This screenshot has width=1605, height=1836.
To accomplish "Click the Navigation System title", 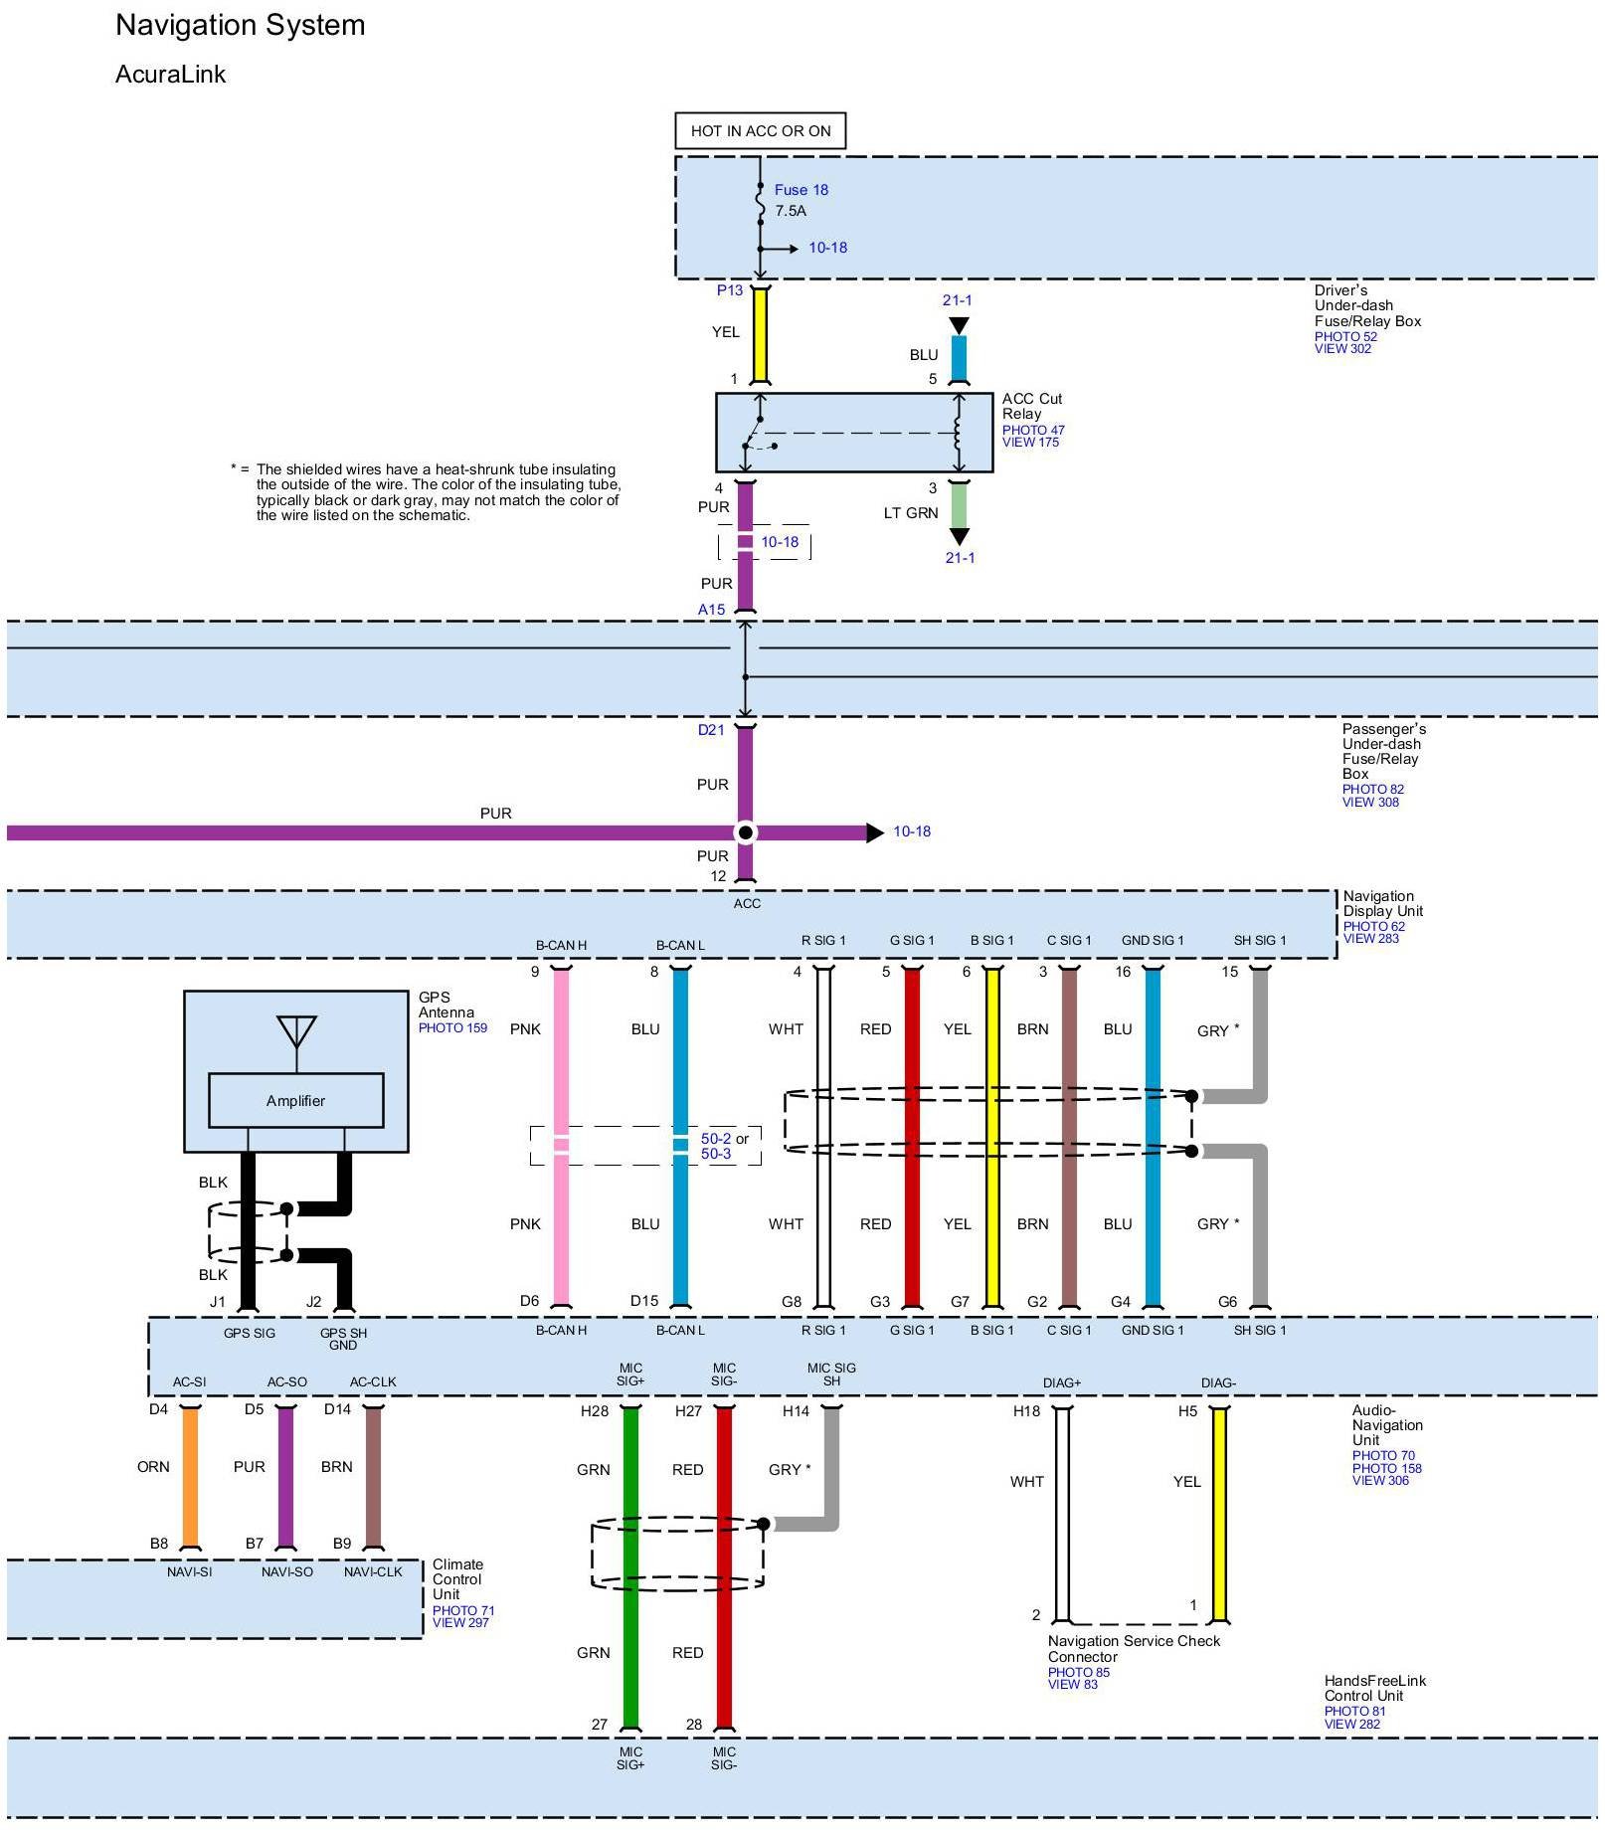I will coord(240,26).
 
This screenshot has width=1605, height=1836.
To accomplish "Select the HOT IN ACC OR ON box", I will coord(760,131).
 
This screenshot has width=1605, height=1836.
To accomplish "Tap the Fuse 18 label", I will coord(801,190).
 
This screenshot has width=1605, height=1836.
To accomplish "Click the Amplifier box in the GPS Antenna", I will coord(295,1100).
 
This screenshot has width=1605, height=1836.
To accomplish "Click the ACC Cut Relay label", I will coord(1031,406).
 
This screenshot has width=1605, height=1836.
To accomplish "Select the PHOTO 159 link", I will coord(452,1027).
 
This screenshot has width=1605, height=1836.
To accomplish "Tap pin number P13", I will coord(730,290).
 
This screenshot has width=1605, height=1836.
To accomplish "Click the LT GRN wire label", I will coord(911,513).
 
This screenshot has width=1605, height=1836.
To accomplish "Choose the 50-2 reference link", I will coord(716,1139).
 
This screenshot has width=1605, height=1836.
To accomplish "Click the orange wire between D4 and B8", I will coord(189,1477).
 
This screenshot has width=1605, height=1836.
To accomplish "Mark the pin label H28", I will coord(595,1411).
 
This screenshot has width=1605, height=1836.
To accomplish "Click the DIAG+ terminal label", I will coord(1061,1382).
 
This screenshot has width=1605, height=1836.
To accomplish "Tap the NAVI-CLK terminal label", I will coord(373,1571).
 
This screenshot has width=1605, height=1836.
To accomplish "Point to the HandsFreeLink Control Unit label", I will coord(1374,1688).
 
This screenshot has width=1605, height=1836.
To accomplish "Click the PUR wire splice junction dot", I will coord(745,832).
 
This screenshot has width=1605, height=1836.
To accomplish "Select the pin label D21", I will coord(711,730).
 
